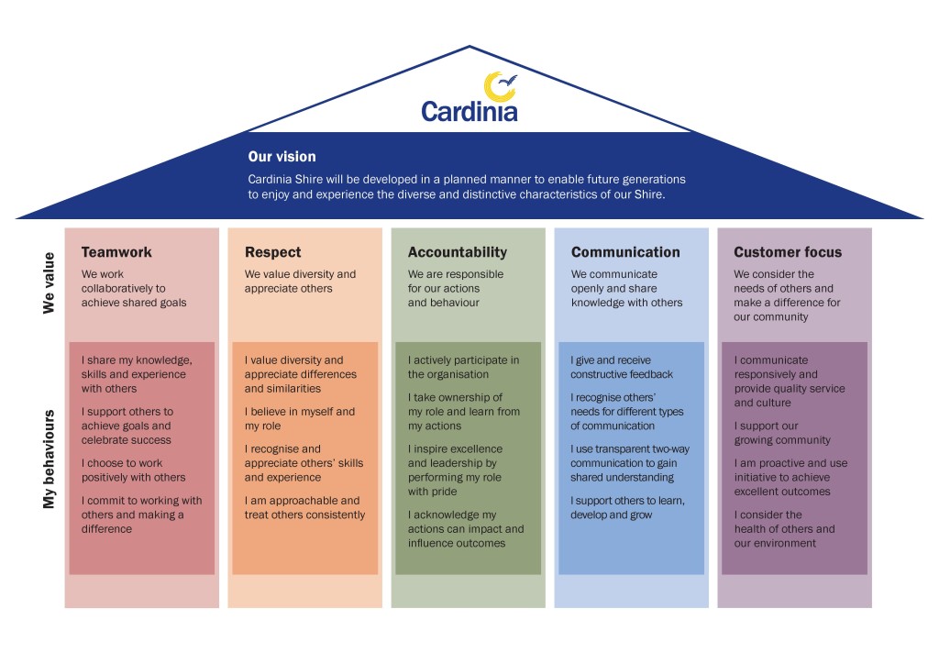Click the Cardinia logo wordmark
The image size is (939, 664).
(469, 111)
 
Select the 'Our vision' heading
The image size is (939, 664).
(282, 157)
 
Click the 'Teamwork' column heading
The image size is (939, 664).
(116, 252)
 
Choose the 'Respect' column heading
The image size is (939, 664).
(272, 252)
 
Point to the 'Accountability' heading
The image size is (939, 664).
(457, 252)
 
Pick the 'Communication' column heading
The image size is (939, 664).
(625, 252)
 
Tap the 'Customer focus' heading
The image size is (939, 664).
(787, 252)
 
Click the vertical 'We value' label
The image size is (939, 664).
(50, 282)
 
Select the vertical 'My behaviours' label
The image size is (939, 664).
(50, 459)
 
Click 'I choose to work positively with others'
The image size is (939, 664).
(133, 470)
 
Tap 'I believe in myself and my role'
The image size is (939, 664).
(299, 419)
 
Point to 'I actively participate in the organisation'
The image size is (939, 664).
(463, 367)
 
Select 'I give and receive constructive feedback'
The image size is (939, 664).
(622, 367)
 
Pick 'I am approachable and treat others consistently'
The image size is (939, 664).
(304, 507)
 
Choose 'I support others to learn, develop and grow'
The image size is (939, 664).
(627, 507)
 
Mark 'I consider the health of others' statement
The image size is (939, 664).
(784, 528)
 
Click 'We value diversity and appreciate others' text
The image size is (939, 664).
(300, 281)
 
